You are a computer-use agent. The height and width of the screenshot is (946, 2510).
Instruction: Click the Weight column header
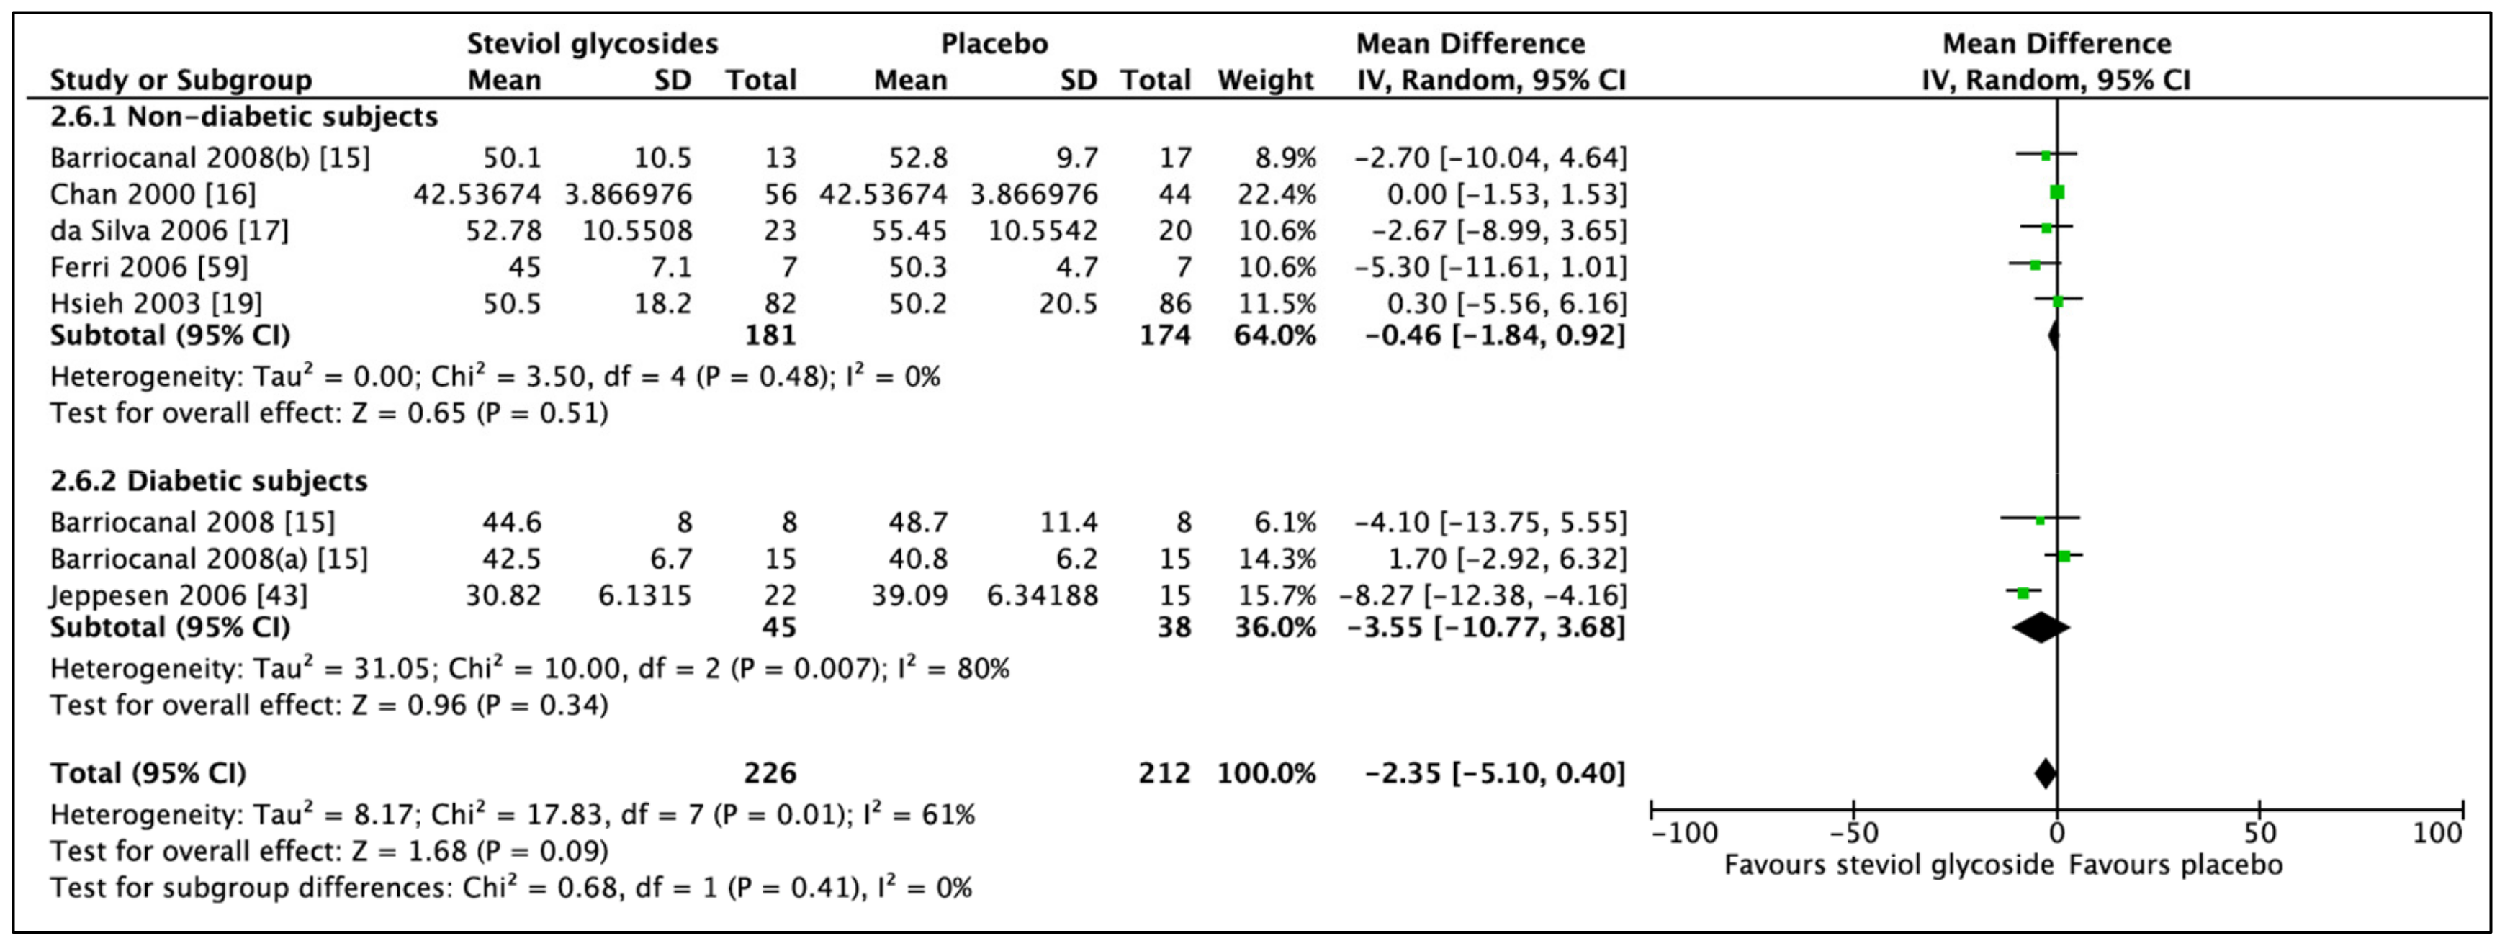pyautogui.click(x=1265, y=80)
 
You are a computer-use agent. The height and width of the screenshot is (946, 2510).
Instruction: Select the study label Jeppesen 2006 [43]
pyautogui.click(x=179, y=595)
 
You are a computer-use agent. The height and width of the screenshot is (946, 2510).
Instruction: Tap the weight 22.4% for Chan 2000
pyautogui.click(x=1277, y=194)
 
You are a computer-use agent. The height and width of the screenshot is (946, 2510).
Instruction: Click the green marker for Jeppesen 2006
pyautogui.click(x=2023, y=593)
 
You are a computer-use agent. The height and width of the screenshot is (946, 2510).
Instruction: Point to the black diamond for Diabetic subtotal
pyautogui.click(x=2041, y=627)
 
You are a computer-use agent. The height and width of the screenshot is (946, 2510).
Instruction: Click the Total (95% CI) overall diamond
pyautogui.click(x=2045, y=773)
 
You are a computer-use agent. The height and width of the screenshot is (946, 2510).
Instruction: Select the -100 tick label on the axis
pyautogui.click(x=1686, y=834)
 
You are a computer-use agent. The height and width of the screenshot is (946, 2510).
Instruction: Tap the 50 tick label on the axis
pyautogui.click(x=2259, y=834)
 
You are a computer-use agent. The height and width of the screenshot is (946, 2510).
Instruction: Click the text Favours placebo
pyautogui.click(x=2174, y=865)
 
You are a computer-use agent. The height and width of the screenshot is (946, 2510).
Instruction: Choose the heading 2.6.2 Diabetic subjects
pyautogui.click(x=209, y=482)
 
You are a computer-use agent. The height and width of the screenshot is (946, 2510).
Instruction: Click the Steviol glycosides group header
pyautogui.click(x=591, y=44)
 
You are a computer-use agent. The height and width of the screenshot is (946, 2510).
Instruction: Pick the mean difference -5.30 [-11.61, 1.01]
pyautogui.click(x=1490, y=267)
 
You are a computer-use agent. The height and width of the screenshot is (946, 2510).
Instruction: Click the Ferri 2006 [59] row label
pyautogui.click(x=149, y=267)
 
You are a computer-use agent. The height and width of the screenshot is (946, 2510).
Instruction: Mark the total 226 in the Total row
pyautogui.click(x=770, y=773)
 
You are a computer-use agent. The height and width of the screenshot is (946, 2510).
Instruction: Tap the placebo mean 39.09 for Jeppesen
pyautogui.click(x=909, y=595)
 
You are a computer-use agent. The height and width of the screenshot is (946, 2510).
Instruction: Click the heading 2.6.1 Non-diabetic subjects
pyautogui.click(x=243, y=117)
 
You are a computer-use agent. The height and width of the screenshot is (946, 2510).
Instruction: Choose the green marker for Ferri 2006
pyautogui.click(x=2035, y=265)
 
